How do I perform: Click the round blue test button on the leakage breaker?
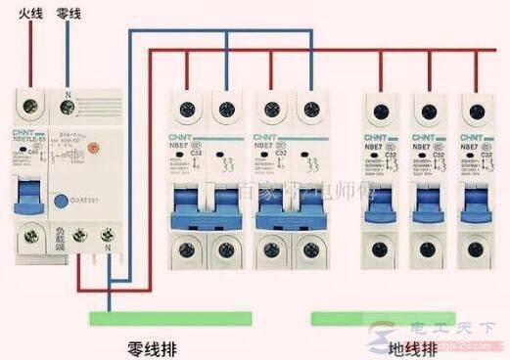pyautogui.click(x=62, y=201)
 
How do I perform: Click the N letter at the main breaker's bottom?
pyautogui.click(x=108, y=247)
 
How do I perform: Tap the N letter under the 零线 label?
pyautogui.click(x=66, y=96)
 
